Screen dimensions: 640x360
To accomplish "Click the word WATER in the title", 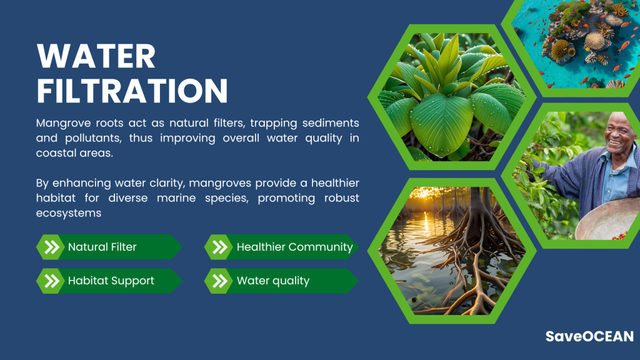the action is pyautogui.click(x=96, y=56).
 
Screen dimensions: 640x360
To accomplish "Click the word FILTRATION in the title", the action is pyautogui.click(x=132, y=90).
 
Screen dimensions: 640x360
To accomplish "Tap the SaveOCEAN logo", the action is pyautogui.click(x=589, y=336).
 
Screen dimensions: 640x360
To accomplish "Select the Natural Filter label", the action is pyautogui.click(x=102, y=247).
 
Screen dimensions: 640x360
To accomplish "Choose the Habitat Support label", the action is pyautogui.click(x=111, y=281).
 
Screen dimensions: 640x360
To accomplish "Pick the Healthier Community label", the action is pyautogui.click(x=295, y=247).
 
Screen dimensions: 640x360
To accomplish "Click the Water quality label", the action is pyautogui.click(x=273, y=281).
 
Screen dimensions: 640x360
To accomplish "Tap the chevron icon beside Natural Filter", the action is pyautogui.click(x=51, y=247).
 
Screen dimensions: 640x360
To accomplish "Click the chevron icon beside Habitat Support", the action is pyautogui.click(x=51, y=281).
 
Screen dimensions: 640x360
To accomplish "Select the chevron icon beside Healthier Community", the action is pyautogui.click(x=219, y=247).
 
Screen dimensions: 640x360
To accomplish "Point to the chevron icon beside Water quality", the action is pyautogui.click(x=219, y=281).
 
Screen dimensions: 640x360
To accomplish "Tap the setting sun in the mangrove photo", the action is pyautogui.click(x=426, y=193).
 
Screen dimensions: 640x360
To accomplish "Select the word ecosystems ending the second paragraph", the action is pyautogui.click(x=69, y=214).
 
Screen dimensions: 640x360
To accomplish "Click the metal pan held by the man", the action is pyautogui.click(x=608, y=221).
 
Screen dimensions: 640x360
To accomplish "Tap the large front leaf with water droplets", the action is pyautogui.click(x=442, y=124).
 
